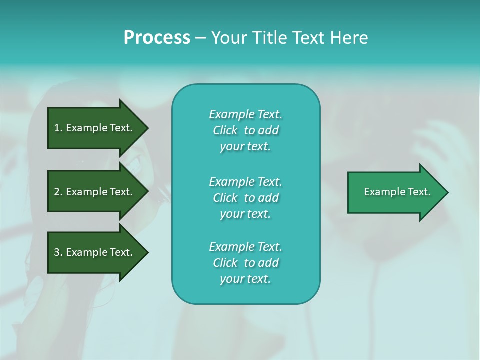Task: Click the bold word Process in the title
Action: (x=157, y=38)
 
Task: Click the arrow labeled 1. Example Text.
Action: (x=95, y=128)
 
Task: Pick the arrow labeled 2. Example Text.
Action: (x=95, y=192)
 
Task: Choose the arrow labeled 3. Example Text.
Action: (x=95, y=252)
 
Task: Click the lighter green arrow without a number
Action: (x=395, y=192)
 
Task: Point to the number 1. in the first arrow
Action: (x=58, y=128)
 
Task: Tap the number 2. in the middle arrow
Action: (x=58, y=192)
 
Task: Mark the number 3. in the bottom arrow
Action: (x=58, y=252)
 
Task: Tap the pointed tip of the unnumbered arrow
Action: (x=446, y=192)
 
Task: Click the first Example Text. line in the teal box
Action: (x=245, y=114)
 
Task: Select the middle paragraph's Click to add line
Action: (x=245, y=198)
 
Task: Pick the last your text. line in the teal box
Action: (x=245, y=279)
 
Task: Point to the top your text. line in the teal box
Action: (x=245, y=146)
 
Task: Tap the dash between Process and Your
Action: (x=200, y=38)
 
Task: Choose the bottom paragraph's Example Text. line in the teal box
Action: (x=245, y=247)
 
